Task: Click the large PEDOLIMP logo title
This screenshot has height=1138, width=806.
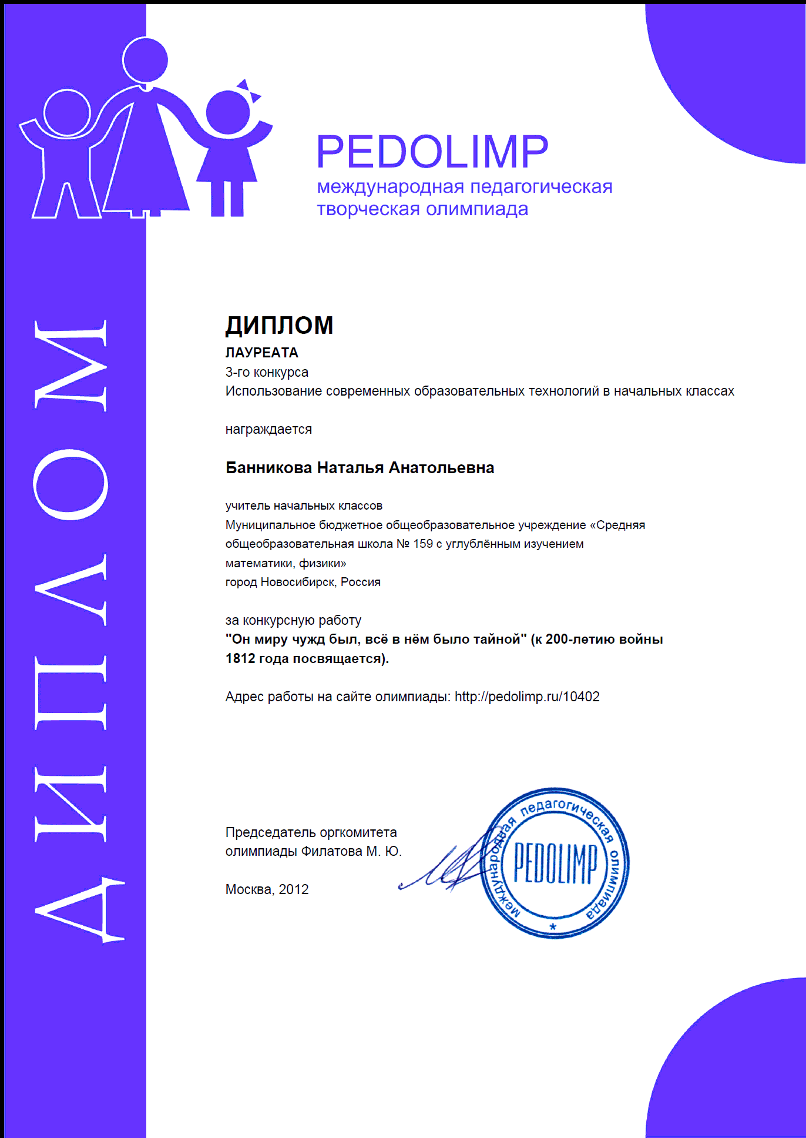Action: click(x=432, y=152)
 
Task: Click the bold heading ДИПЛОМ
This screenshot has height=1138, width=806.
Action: click(x=279, y=326)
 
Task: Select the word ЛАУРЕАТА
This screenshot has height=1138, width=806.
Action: click(x=262, y=353)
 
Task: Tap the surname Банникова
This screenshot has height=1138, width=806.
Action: click(x=269, y=468)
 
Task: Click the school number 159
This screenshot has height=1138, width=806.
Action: click(x=422, y=544)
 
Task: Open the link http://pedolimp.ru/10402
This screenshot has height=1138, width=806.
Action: click(x=527, y=697)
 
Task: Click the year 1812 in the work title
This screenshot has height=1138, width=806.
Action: click(x=240, y=658)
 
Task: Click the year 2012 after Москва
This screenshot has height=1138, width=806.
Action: click(x=294, y=889)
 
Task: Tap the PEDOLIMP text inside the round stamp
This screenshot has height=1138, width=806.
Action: click(x=555, y=863)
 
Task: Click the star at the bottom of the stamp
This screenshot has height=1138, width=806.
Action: click(x=553, y=927)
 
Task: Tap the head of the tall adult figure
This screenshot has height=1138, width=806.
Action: click(x=145, y=60)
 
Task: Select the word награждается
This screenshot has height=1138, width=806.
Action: click(x=268, y=429)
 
